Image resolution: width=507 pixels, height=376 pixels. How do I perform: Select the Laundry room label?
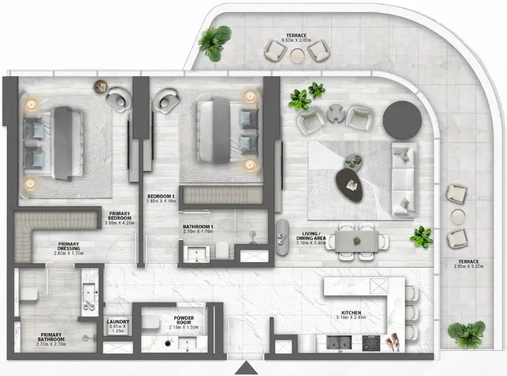[x=118, y=326]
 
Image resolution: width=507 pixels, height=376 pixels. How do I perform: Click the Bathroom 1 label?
[x=197, y=230]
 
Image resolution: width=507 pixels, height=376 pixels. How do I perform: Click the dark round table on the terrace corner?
[x=402, y=117]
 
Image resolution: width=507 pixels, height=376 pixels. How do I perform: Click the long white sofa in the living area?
[x=404, y=179]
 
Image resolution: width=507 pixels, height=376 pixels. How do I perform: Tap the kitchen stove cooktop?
[x=372, y=342]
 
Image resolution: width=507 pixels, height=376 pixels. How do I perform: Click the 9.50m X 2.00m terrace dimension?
[x=296, y=41]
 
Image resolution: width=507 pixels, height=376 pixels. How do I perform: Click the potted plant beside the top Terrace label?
[x=215, y=43]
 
